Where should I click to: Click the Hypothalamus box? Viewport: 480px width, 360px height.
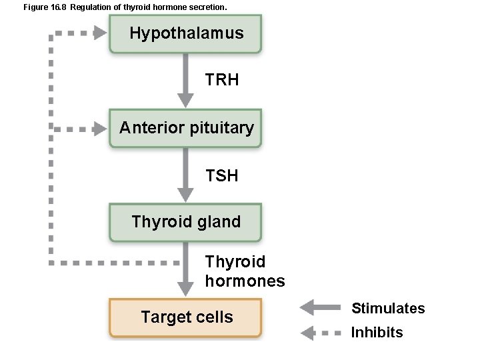[186, 33]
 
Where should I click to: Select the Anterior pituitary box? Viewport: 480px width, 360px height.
[186, 127]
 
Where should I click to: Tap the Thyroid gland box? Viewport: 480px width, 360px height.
[186, 221]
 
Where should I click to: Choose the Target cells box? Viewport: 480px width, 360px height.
[186, 317]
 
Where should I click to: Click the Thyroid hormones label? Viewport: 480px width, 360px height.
[245, 271]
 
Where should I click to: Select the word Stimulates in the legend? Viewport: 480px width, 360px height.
[388, 308]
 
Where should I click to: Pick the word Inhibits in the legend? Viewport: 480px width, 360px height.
[377, 332]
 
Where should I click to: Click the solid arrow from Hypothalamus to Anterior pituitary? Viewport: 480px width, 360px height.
[186, 80]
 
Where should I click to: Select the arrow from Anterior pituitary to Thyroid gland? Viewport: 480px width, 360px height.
[186, 175]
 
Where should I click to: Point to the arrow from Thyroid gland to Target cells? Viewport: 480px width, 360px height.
[186, 270]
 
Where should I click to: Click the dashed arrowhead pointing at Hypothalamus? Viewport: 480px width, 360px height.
[100, 33]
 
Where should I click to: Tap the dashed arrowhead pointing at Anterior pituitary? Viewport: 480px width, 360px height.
[100, 128]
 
